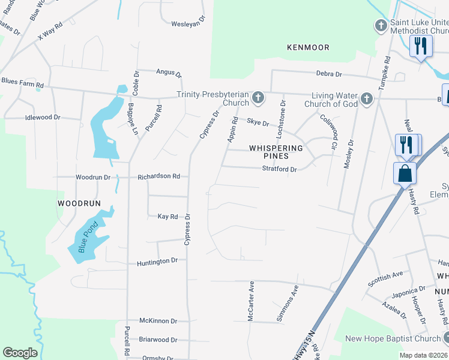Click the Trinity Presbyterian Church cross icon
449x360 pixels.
[258, 97]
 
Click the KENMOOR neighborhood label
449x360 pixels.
[309, 47]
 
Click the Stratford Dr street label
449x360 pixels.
[280, 170]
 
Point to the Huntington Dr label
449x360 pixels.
[157, 261]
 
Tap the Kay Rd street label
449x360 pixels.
[167, 216]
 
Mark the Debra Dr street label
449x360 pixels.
[329, 74]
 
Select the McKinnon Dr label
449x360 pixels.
[158, 321]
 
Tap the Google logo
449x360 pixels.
[20, 353]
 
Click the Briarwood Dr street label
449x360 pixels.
[158, 339]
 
